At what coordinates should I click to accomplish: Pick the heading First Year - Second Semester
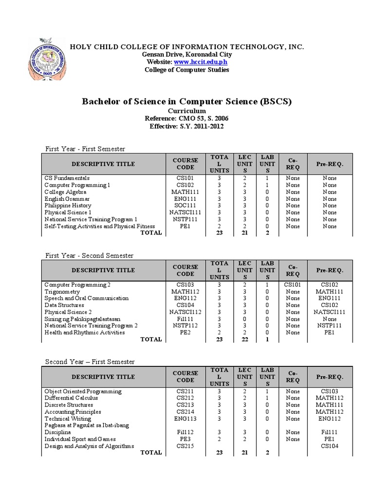click(x=89, y=255)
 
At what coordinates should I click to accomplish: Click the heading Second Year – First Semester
click(x=90, y=362)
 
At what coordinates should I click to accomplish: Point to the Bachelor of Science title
click(x=187, y=101)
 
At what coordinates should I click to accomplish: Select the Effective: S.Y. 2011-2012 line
click(x=187, y=126)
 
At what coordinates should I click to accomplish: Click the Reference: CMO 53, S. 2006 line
click(x=187, y=118)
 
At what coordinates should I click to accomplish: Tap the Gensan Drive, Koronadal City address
click(x=187, y=55)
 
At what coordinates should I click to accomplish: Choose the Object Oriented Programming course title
click(x=83, y=391)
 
